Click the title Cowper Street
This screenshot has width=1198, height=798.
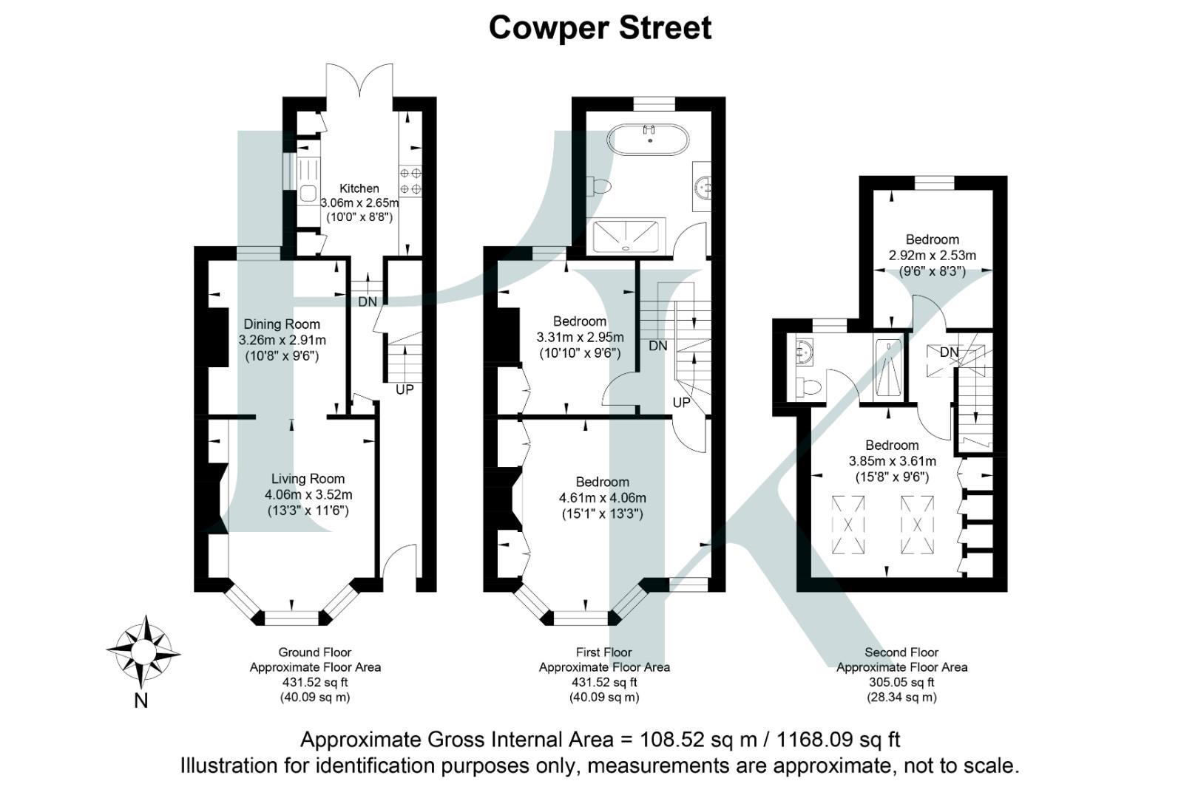[x=600, y=28]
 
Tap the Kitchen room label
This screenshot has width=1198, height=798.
[x=359, y=188]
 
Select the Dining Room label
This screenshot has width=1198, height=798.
[x=282, y=324]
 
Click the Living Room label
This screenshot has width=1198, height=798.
[x=308, y=479]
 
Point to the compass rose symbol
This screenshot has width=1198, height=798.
[x=143, y=651]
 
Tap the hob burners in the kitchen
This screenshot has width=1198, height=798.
[x=410, y=181]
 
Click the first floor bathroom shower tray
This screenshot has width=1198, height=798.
[x=627, y=235]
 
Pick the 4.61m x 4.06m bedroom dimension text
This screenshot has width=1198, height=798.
[x=602, y=498]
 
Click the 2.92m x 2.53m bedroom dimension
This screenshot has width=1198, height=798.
[x=932, y=256]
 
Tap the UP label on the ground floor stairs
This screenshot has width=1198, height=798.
[x=405, y=389]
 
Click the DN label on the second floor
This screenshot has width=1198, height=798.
[x=950, y=352]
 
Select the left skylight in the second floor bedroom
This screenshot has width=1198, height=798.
[x=848, y=525]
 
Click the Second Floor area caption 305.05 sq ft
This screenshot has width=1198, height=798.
[x=901, y=682]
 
